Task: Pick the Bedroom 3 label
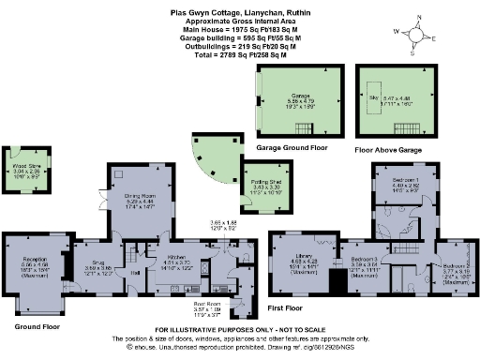pyautogui.click(x=364, y=258)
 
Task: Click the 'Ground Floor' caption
pyautogui.click(x=38, y=326)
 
